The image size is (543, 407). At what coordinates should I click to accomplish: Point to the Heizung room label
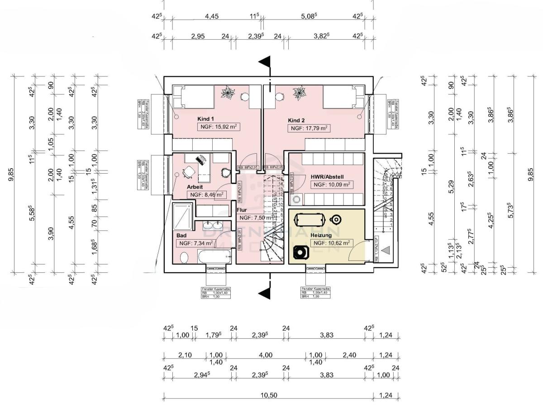pos(321,235)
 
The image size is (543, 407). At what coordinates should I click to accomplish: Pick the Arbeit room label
pos(195,186)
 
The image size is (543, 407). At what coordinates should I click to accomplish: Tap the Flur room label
pos(241,210)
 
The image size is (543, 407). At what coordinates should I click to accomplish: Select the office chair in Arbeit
pos(188,172)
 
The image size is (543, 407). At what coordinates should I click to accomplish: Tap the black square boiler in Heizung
pos(300,251)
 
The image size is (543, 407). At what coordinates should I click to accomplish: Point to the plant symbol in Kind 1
pos(228,93)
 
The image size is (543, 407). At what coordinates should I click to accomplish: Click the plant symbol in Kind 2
pos(299,94)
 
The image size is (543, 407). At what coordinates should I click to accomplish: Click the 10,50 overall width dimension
pos(269,395)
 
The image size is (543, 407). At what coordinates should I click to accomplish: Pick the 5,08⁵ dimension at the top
pos(310,16)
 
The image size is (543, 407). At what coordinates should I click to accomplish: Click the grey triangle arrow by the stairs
pos(386,250)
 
